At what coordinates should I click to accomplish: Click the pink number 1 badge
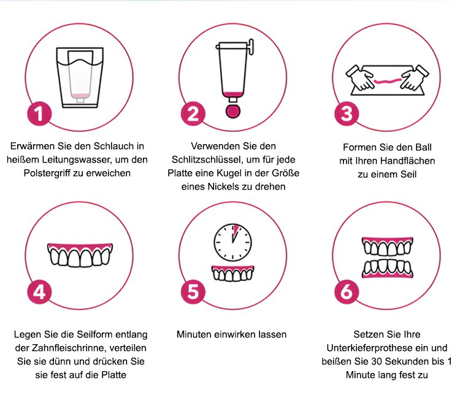tap(40, 114)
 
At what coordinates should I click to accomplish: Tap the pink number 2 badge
tap(193, 114)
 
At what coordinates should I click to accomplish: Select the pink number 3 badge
tap(347, 114)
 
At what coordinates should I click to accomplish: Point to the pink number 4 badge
tap(40, 292)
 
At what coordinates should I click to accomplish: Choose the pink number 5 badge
tap(193, 292)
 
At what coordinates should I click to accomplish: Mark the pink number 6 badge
tap(347, 292)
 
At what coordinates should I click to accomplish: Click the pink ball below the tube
tap(233, 111)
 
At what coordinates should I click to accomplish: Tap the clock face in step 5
tap(232, 243)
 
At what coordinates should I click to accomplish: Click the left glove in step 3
tap(360, 77)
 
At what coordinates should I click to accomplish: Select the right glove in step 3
tap(415, 77)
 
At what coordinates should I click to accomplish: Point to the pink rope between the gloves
tap(388, 80)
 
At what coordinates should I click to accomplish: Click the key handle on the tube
tap(251, 47)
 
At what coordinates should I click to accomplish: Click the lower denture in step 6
tap(388, 269)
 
